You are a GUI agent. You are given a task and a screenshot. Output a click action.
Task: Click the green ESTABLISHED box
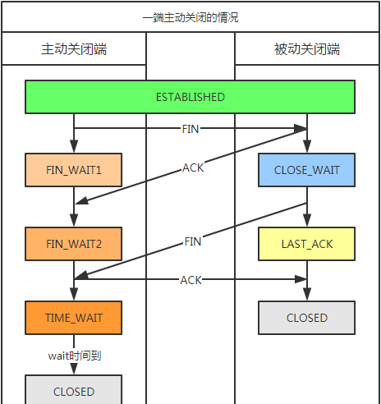click(x=190, y=97)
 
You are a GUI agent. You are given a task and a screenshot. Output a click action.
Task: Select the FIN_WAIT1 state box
click(x=74, y=170)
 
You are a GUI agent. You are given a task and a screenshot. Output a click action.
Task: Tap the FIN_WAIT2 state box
click(x=74, y=244)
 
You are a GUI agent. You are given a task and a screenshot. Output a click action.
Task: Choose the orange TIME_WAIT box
click(x=74, y=318)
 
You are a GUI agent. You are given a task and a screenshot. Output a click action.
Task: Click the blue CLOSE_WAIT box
click(x=307, y=170)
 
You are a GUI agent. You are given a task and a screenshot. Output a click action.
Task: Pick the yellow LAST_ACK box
click(x=307, y=244)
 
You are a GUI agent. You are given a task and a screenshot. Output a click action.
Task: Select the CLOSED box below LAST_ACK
click(x=307, y=318)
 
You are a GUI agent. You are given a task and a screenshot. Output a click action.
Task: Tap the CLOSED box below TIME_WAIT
click(x=74, y=389)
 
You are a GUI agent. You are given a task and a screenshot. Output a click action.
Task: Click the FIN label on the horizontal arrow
click(x=190, y=129)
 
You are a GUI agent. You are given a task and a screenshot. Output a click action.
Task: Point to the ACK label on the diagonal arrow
click(x=193, y=168)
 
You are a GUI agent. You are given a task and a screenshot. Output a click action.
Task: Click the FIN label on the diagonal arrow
click(x=193, y=241)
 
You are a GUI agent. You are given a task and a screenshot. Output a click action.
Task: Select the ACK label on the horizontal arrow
click(x=191, y=280)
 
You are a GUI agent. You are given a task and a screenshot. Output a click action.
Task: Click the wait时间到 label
click(x=75, y=356)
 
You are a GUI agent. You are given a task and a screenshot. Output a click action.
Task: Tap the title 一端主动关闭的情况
click(x=190, y=17)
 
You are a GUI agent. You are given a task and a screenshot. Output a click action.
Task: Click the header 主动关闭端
click(x=74, y=49)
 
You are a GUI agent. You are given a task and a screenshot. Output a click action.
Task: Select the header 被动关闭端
click(x=307, y=49)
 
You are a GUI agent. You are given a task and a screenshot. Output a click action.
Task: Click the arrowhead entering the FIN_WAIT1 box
click(x=74, y=146)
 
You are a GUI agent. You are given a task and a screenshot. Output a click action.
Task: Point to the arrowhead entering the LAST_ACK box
click(x=307, y=220)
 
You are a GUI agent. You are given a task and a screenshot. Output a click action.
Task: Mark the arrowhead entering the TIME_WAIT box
click(x=74, y=294)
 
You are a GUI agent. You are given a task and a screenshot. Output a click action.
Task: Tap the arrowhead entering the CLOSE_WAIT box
click(x=307, y=146)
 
